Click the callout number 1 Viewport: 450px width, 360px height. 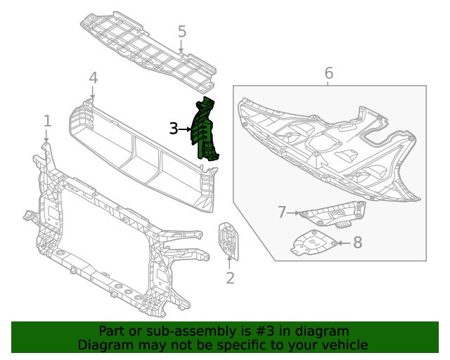click(47, 121)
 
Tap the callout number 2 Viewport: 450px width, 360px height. click(230, 278)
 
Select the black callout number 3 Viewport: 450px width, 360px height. click(174, 129)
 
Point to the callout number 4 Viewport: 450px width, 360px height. click(93, 77)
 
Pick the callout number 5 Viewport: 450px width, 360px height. click(181, 32)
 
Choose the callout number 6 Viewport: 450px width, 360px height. click(328, 73)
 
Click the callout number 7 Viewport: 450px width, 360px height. click(282, 212)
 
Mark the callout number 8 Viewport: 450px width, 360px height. click(357, 243)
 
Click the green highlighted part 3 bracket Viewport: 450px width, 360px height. click(205, 130)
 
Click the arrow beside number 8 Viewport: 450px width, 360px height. click(340, 243)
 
